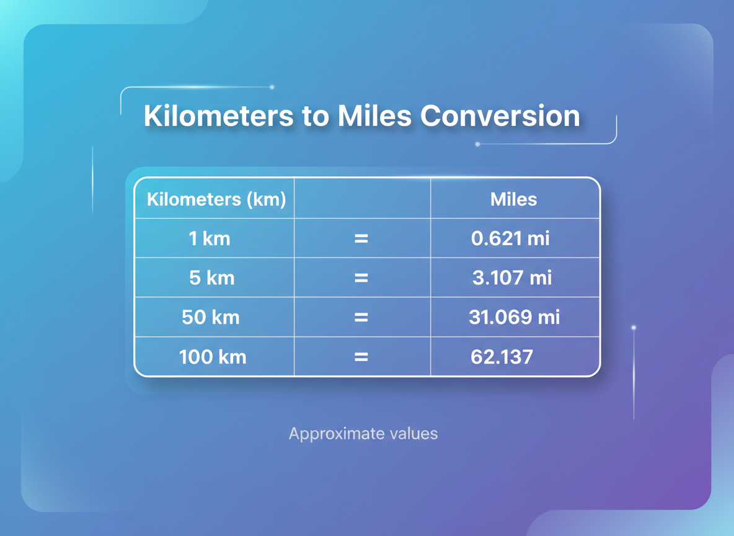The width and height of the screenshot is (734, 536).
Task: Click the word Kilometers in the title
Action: pyautogui.click(x=218, y=116)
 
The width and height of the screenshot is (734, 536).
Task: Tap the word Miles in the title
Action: pyautogui.click(x=374, y=116)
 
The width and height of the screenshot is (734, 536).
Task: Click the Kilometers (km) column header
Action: pyautogui.click(x=216, y=199)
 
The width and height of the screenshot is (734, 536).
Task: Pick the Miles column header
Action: pyautogui.click(x=513, y=199)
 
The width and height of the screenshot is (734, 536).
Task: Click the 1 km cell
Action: pyautogui.click(x=210, y=238)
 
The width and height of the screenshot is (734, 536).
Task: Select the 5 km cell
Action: pyautogui.click(x=212, y=278)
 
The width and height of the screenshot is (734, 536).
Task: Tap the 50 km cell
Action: pyautogui.click(x=211, y=318)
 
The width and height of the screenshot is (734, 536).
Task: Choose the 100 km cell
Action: pyautogui.click(x=213, y=357)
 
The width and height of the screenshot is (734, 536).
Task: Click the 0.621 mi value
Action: pyautogui.click(x=510, y=238)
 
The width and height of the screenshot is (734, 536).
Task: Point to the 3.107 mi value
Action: pyautogui.click(x=512, y=278)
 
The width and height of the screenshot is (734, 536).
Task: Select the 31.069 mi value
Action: pyautogui.click(x=514, y=318)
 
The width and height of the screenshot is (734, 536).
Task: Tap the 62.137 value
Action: pyautogui.click(x=502, y=357)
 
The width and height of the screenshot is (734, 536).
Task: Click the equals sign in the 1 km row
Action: pyautogui.click(x=361, y=238)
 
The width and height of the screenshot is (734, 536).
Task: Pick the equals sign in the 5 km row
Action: pyautogui.click(x=361, y=278)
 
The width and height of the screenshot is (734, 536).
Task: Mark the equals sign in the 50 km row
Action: pyautogui.click(x=361, y=318)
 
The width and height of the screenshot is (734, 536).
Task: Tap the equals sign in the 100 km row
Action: pyautogui.click(x=361, y=357)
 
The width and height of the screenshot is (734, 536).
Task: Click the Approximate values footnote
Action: pyautogui.click(x=363, y=434)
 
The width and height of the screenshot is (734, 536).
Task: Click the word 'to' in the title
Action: pyautogui.click(x=316, y=116)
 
